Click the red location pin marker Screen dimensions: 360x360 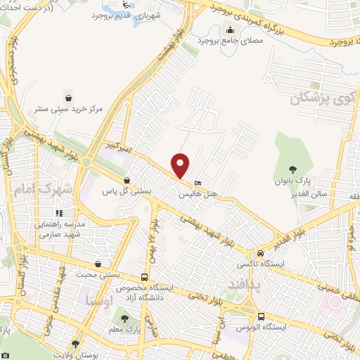(x=181, y=165)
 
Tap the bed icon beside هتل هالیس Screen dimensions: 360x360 (x=198, y=182)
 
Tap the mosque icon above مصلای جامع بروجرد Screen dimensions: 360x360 (x=230, y=29)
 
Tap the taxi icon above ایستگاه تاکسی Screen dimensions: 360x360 (x=261, y=253)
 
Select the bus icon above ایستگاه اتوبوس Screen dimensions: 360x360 (x=261, y=316)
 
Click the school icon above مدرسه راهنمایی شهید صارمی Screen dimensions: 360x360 (x=60, y=212)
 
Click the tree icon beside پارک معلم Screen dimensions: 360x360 (x=125, y=319)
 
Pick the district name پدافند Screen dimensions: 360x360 (x=245, y=285)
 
